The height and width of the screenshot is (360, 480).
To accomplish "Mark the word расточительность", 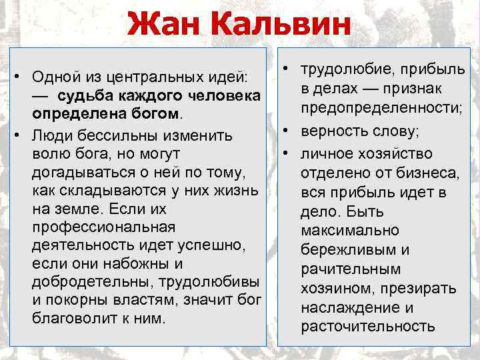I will coord(368,326).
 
